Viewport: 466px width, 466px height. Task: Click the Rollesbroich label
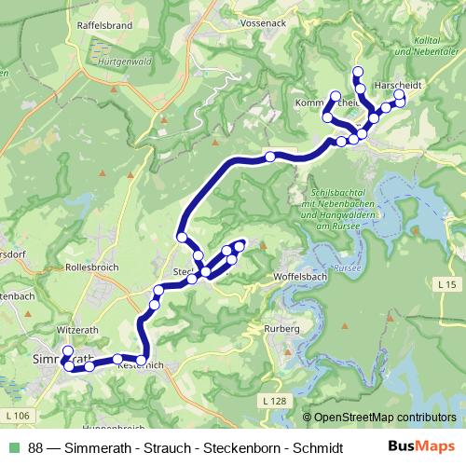[x=91, y=267]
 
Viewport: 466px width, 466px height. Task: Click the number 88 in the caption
[x=36, y=447]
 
